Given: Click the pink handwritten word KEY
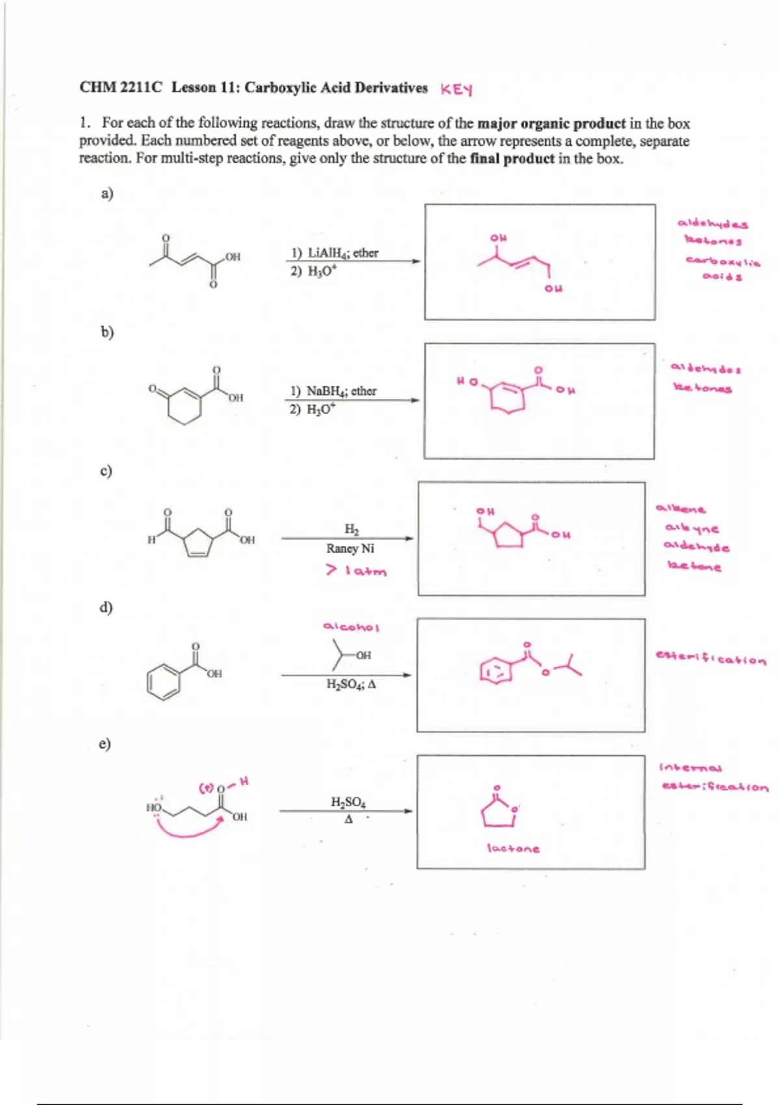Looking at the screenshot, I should click(456, 89).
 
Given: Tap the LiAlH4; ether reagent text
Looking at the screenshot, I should click(334, 253).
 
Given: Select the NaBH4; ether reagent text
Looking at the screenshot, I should click(333, 391).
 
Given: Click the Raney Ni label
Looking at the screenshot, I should click(350, 549).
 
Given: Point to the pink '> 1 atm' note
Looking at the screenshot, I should click(356, 571).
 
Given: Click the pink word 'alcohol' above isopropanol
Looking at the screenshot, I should click(351, 627).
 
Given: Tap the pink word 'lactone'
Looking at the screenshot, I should click(513, 849).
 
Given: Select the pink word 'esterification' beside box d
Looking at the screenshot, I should click(711, 660).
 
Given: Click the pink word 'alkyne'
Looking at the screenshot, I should click(692, 529).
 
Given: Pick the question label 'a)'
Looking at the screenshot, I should click(107, 193).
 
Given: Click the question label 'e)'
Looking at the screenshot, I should click(105, 744).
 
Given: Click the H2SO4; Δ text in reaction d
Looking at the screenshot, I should click(351, 684).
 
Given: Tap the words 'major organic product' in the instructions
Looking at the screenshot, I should click(551, 123).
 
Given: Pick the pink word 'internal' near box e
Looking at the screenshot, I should click(682, 768).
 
